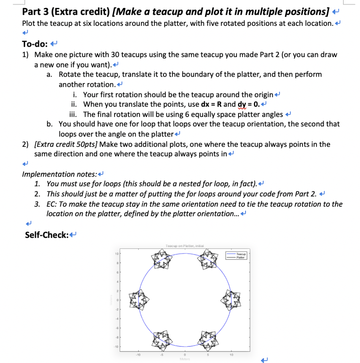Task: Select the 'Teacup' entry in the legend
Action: pyautogui.click(x=241, y=254)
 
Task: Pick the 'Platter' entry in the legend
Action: pyautogui.click(x=241, y=257)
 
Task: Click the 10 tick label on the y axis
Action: pyautogui.click(x=116, y=254)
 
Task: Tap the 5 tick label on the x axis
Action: pyautogui.click(x=208, y=354)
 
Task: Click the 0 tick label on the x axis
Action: pyautogui.click(x=185, y=354)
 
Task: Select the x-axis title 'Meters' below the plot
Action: pyautogui.click(x=185, y=359)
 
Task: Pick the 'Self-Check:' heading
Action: pyautogui.click(x=47, y=235)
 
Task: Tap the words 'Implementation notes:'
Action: pyautogui.click(x=59, y=174)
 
